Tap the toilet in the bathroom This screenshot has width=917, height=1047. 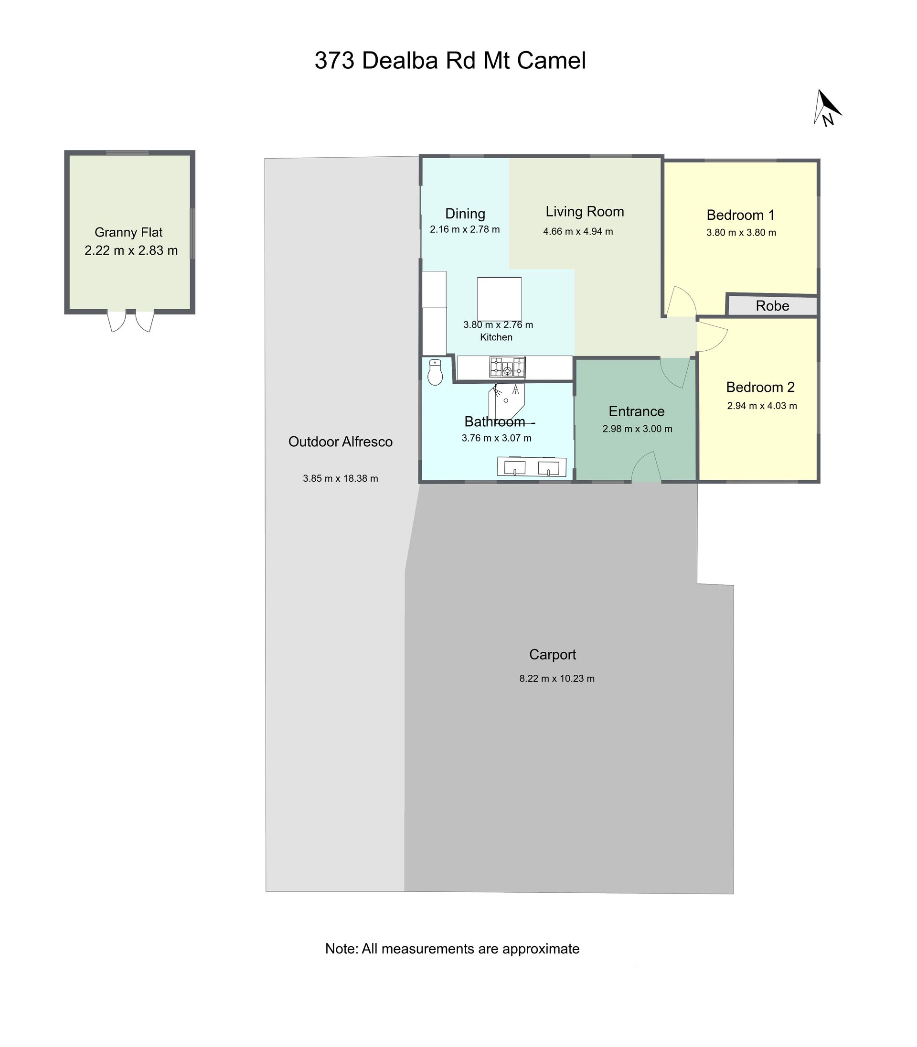pos(435,372)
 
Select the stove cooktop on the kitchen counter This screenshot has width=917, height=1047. pos(507,367)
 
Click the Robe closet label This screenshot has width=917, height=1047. pos(772,306)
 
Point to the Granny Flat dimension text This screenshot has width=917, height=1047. pos(131,250)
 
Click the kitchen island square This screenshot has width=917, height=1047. pos(499,299)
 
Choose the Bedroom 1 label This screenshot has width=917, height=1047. pos(740,215)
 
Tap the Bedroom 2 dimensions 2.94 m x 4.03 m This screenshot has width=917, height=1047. pos(762,406)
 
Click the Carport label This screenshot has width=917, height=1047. pos(552,655)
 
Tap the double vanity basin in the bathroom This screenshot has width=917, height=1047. pos(532,467)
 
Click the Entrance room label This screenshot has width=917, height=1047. pos(637,411)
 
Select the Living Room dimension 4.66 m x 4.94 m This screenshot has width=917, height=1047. pos(578,231)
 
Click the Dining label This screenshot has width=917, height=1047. pos(465,214)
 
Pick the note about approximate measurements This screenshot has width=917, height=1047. pos(452,949)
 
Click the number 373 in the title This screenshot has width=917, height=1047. pos(334,60)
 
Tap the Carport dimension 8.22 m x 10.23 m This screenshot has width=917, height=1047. pos(557,679)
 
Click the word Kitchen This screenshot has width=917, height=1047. pos(496,337)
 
